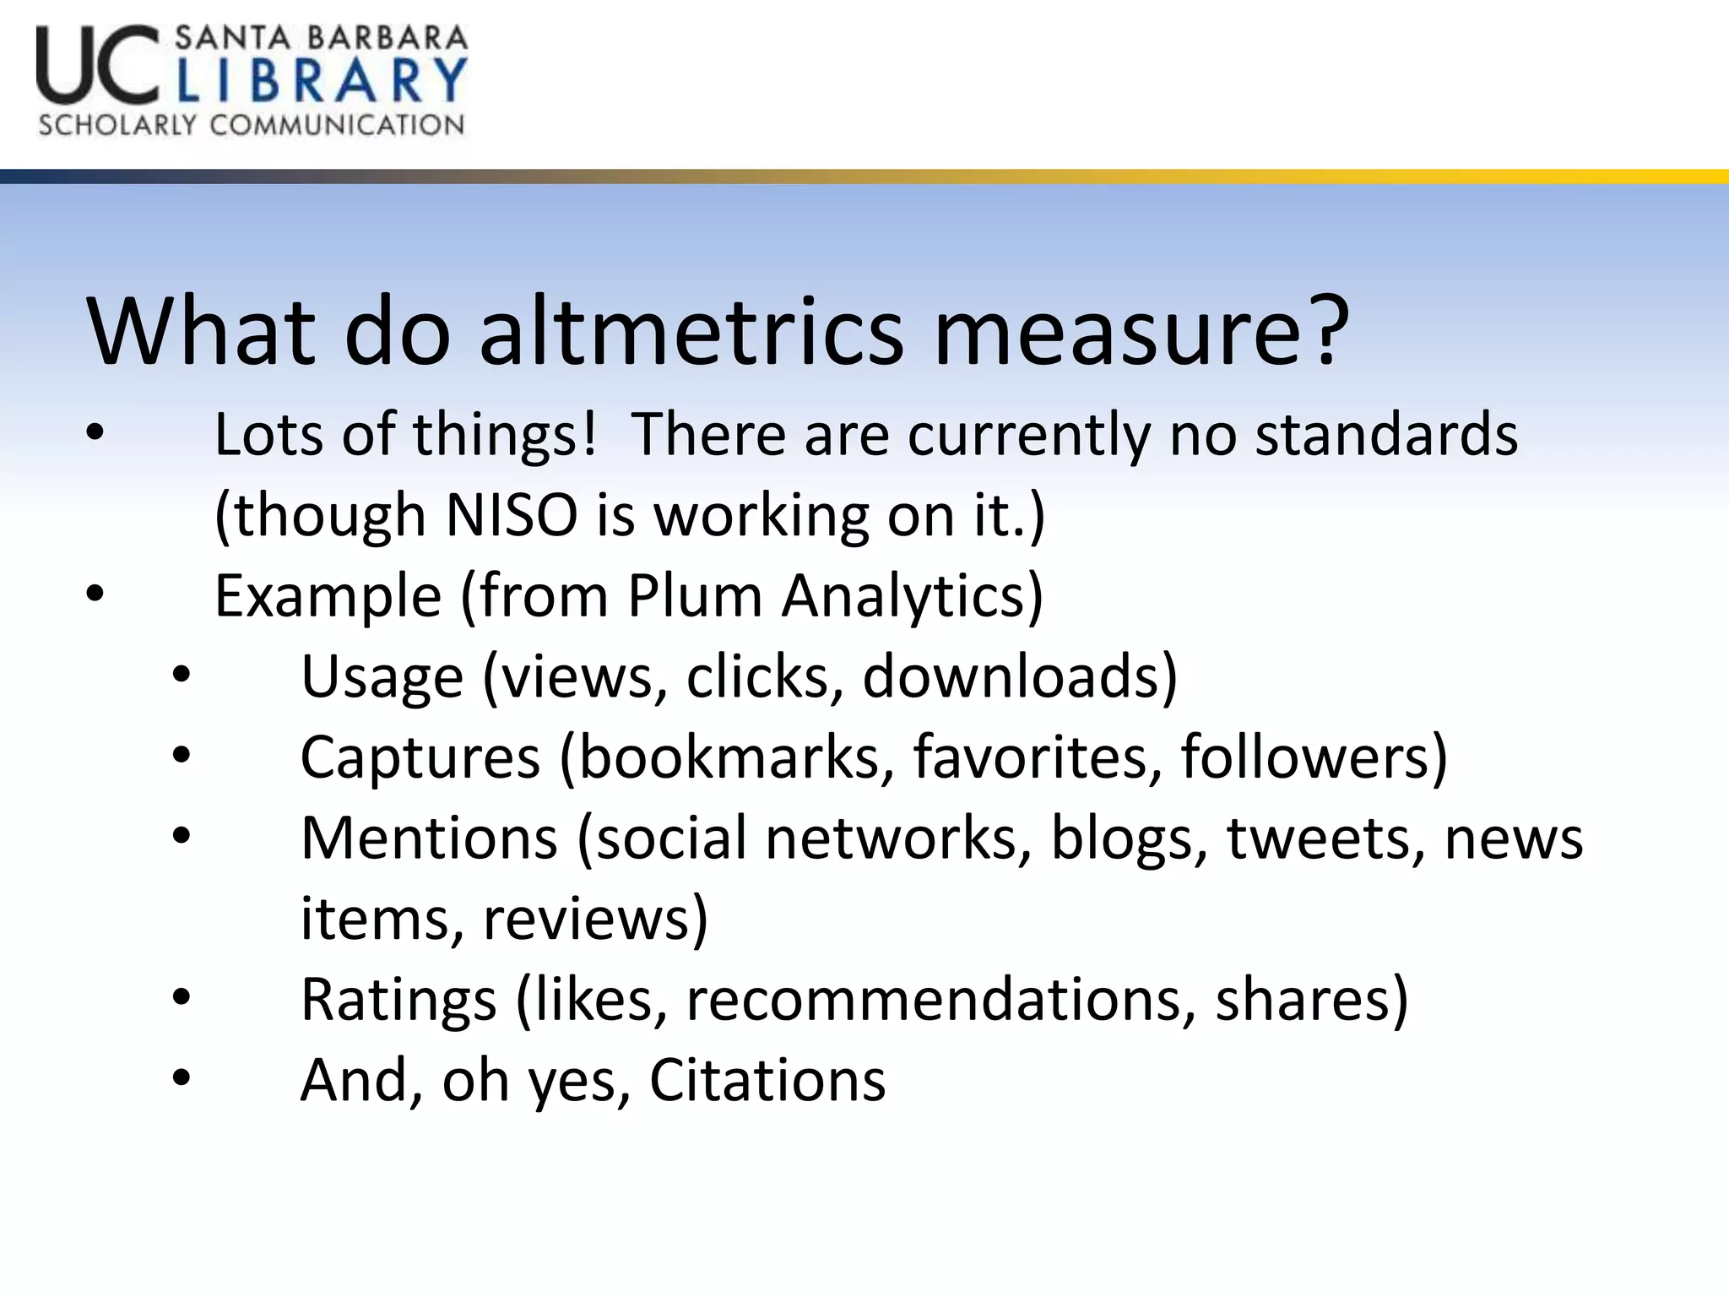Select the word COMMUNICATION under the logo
[x=337, y=125]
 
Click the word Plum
[x=695, y=595]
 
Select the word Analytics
[x=912, y=595]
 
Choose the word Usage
[x=382, y=676]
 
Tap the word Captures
[x=420, y=757]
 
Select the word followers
[x=1314, y=757]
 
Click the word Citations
[x=767, y=1080]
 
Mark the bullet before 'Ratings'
[x=182, y=998]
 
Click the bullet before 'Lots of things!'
[x=95, y=433]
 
